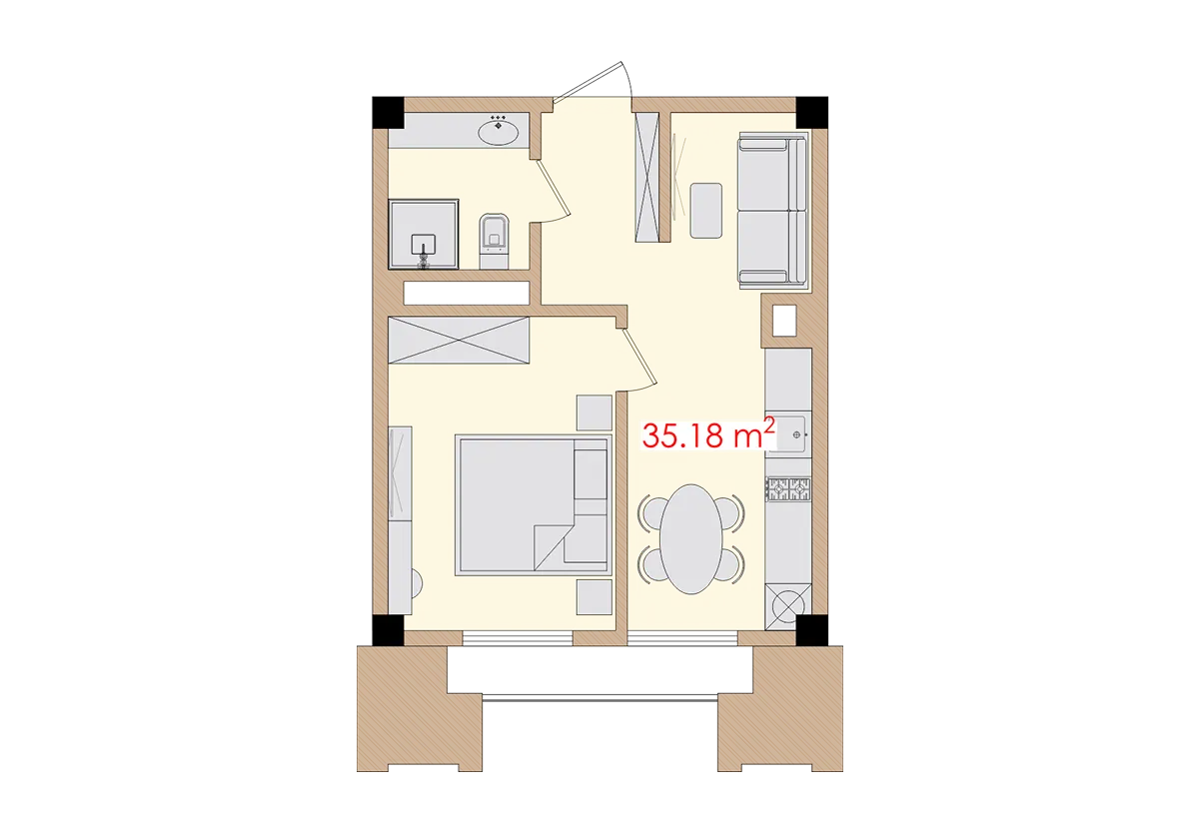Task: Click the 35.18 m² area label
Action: pyautogui.click(x=708, y=435)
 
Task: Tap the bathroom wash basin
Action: pyautogui.click(x=498, y=130)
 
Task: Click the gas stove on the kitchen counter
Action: pyautogui.click(x=788, y=488)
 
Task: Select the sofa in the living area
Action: pyautogui.click(x=772, y=211)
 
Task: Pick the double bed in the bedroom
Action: pyautogui.click(x=533, y=504)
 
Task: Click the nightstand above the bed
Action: pyautogui.click(x=595, y=413)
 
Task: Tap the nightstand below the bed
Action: pyautogui.click(x=595, y=596)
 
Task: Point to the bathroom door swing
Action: pyautogui.click(x=555, y=190)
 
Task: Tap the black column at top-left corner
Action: pyautogui.click(x=385, y=111)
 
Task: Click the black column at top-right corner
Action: pyautogui.click(x=813, y=111)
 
